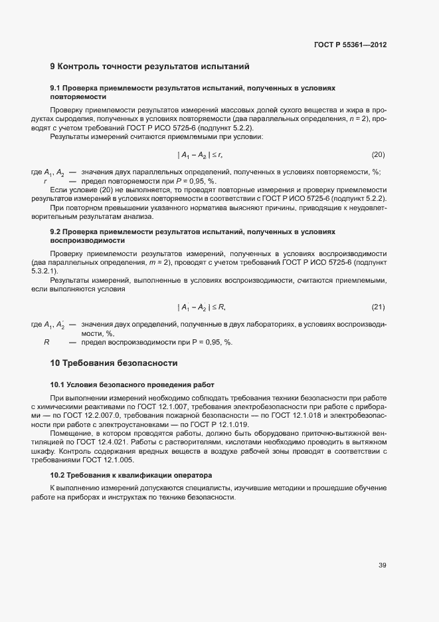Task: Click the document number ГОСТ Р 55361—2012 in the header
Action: [350, 45]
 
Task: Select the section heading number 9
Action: [53, 67]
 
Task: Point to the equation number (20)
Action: [378, 155]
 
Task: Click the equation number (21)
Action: [378, 307]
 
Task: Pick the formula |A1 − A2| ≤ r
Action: [200, 155]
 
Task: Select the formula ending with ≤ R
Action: [202, 307]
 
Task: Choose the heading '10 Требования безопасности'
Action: [114, 363]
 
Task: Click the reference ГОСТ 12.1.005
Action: [124, 460]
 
